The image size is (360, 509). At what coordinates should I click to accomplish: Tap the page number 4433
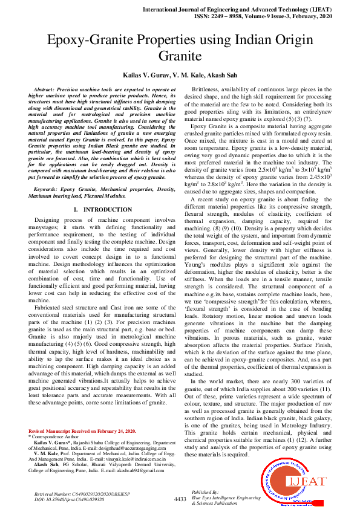(x=180, y=499)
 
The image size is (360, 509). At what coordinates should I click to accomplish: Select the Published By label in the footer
(x=204, y=492)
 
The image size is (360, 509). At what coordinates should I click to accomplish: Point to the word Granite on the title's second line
(x=180, y=58)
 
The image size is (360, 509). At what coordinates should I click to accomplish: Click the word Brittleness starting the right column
(x=206, y=89)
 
